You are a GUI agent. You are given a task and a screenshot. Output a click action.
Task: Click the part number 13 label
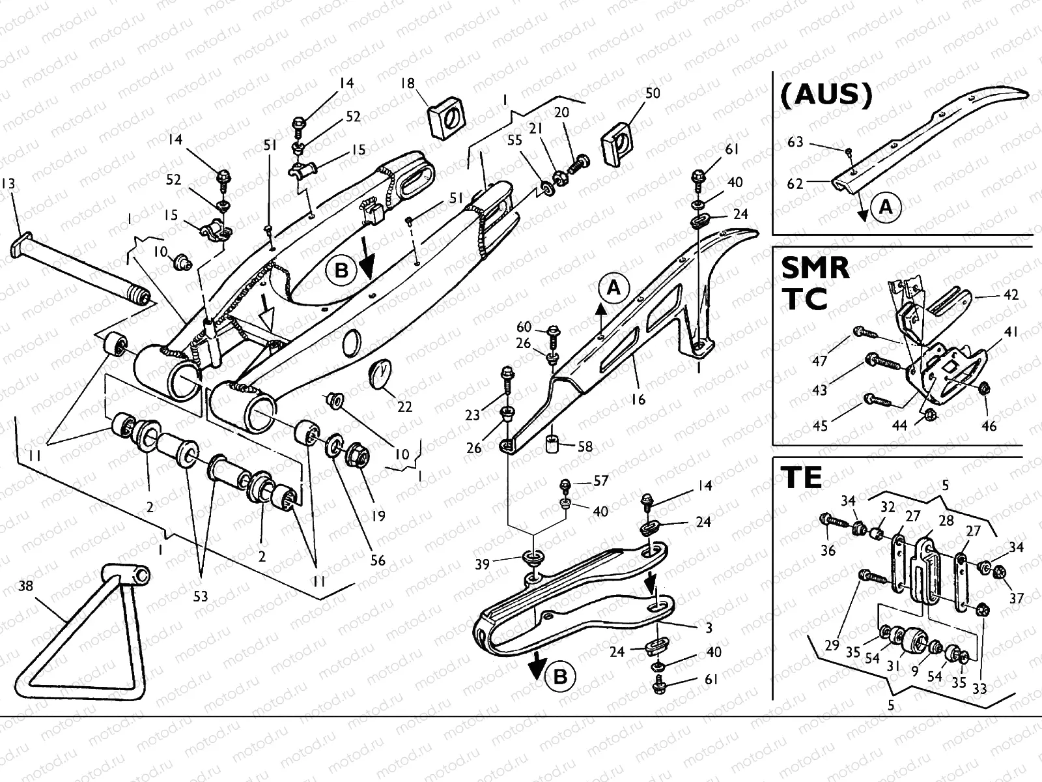click(8, 183)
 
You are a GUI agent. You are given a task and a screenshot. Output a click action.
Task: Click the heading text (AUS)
click(825, 95)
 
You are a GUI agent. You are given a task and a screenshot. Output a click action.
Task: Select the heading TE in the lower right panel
click(802, 478)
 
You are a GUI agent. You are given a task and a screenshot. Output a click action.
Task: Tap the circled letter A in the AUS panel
click(886, 207)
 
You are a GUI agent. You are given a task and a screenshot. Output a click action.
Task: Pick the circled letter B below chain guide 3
click(561, 678)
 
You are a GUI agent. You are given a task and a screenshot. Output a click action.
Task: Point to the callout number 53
click(201, 596)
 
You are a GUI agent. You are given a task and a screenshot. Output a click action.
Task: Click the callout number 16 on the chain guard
click(638, 399)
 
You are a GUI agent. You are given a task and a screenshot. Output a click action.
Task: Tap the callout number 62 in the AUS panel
click(795, 184)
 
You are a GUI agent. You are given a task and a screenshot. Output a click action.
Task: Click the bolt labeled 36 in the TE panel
click(830, 520)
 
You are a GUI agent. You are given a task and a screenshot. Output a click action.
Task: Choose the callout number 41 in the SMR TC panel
click(1010, 332)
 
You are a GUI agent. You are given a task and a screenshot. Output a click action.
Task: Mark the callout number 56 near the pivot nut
click(378, 560)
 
